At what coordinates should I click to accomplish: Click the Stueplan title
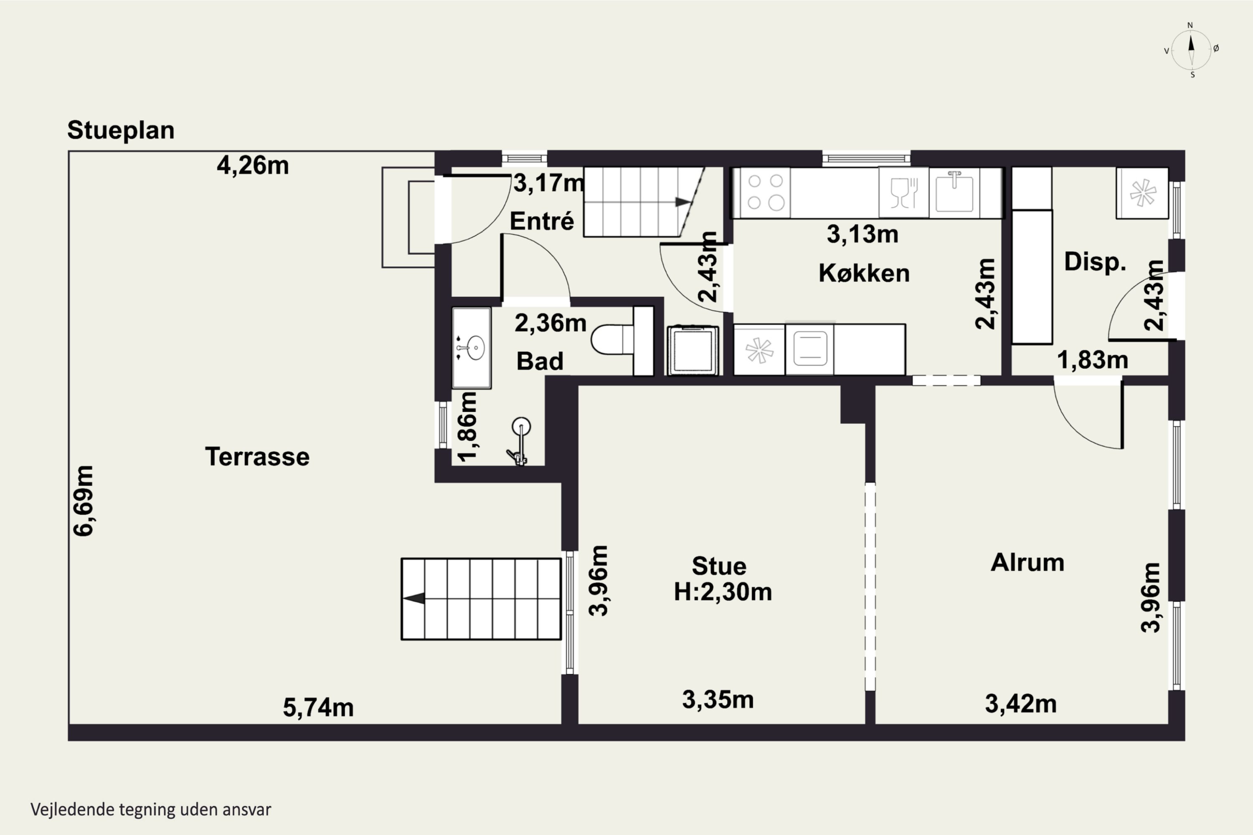click(x=121, y=130)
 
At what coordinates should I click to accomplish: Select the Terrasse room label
click(x=257, y=457)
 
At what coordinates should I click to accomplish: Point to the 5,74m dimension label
click(x=318, y=708)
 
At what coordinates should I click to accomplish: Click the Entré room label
click(x=542, y=221)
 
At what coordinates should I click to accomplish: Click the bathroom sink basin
click(x=472, y=348)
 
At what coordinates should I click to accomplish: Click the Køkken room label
click(x=864, y=273)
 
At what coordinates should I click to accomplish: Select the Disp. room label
click(x=1095, y=262)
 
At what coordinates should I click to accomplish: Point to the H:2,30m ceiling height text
click(x=723, y=592)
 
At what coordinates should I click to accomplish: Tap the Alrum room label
click(x=1027, y=562)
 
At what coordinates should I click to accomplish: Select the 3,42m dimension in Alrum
click(x=1021, y=704)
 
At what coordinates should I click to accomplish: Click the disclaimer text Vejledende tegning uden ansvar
click(x=151, y=810)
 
